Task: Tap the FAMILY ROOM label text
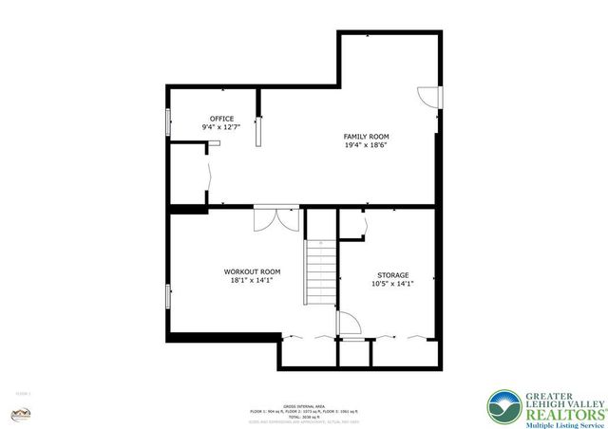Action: tap(365, 137)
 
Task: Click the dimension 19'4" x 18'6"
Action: tap(365, 145)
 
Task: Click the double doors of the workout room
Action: tap(276, 217)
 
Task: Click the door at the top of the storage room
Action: tap(353, 222)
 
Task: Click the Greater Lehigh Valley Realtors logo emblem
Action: tap(503, 406)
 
